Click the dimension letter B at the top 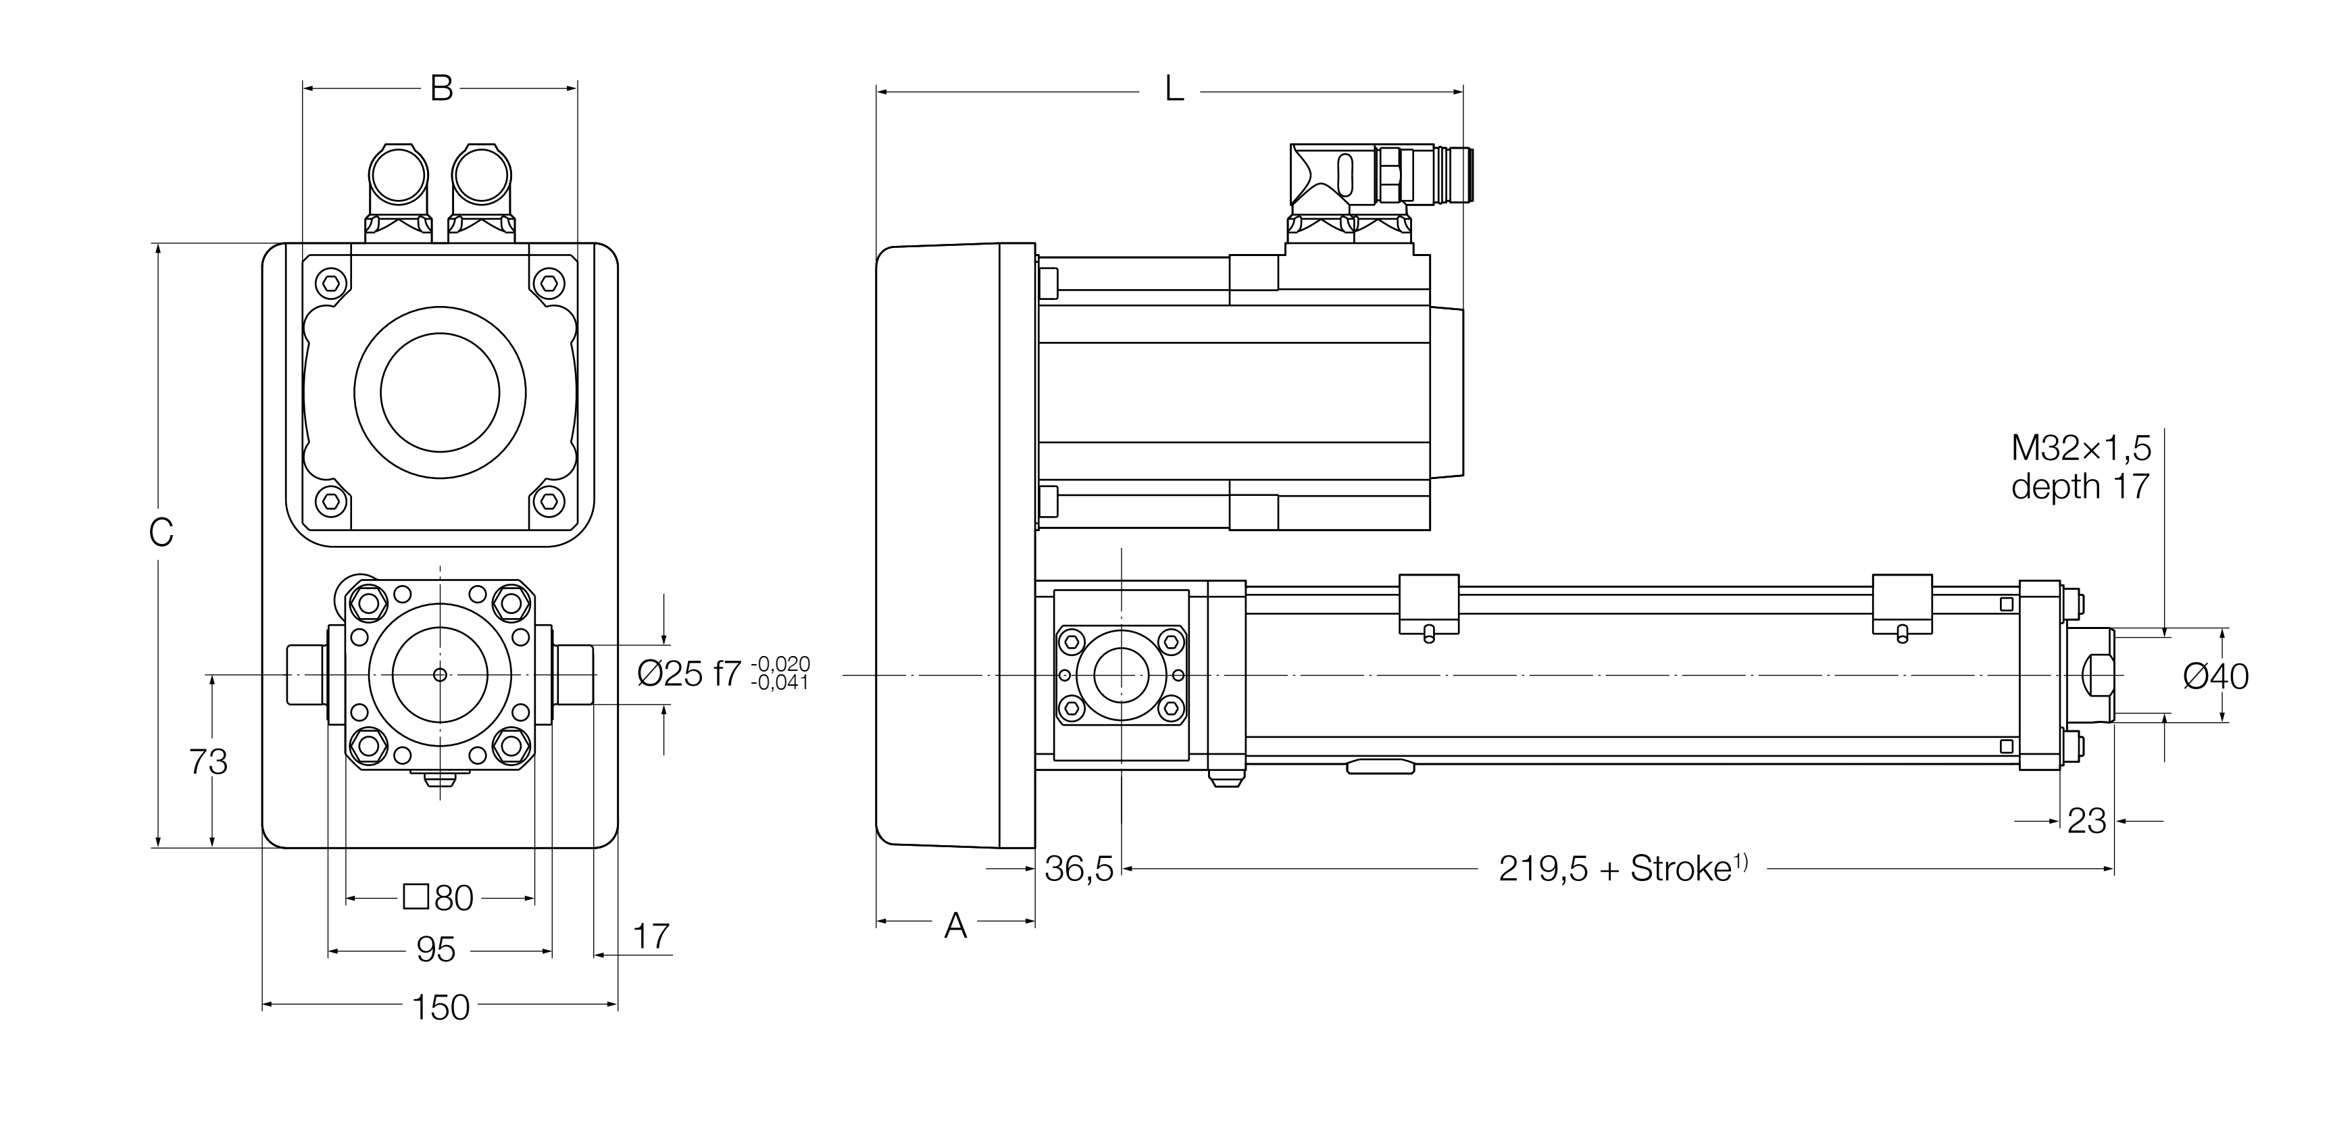441,89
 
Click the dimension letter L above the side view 1174,91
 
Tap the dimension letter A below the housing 955,926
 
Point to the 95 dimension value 435,950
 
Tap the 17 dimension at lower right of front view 651,936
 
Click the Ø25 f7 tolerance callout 722,674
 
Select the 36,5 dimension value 1079,868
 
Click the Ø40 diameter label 2215,676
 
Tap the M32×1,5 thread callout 2080,448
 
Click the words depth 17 2080,487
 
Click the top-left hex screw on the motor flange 332,283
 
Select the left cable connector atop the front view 397,191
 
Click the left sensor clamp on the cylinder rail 1428,602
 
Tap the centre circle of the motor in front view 440,392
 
